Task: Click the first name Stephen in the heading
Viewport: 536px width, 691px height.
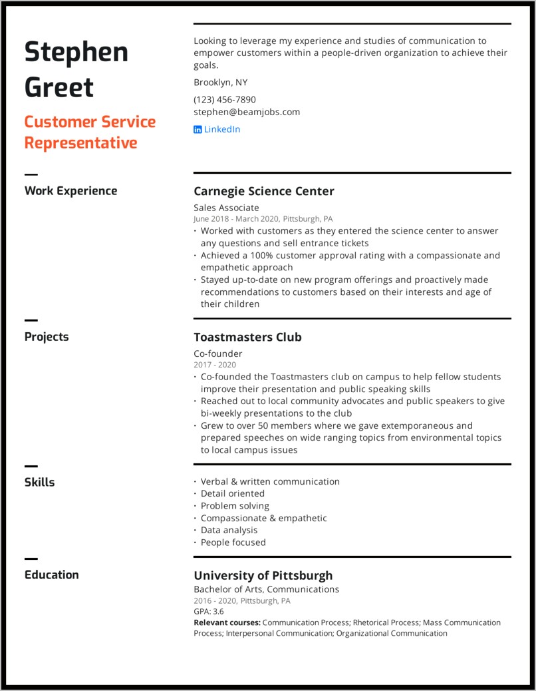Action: point(76,52)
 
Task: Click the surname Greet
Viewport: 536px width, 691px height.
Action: point(59,87)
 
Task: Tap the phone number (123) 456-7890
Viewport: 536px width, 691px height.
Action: point(225,99)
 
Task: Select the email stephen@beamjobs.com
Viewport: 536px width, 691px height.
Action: point(247,112)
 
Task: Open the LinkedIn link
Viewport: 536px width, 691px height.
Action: point(221,129)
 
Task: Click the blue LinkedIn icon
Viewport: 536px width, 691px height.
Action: point(198,130)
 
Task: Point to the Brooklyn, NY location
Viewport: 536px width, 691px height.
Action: point(220,83)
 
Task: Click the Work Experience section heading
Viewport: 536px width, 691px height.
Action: point(70,191)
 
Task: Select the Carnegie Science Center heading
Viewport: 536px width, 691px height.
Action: point(263,192)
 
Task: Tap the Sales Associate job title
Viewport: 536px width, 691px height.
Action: point(226,208)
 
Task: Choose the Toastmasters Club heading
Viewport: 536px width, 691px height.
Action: point(247,338)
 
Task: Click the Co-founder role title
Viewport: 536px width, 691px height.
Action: point(217,353)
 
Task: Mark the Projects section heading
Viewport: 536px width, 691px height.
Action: point(47,337)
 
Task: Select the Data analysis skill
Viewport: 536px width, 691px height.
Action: point(229,531)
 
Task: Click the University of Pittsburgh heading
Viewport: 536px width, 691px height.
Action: point(263,576)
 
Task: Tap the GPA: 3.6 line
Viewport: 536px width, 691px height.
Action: point(208,611)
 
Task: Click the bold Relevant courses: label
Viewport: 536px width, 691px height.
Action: point(227,622)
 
